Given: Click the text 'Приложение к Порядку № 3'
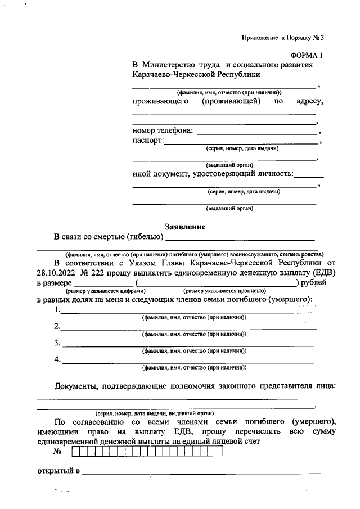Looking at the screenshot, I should pos(283,38).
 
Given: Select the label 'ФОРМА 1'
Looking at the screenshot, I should pos(307,56).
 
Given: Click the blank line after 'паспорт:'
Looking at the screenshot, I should pos(240,143).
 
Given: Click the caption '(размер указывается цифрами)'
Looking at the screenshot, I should pos(106,291).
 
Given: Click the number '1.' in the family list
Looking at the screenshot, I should pos(57,310).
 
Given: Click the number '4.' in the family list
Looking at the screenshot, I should pos(57,360).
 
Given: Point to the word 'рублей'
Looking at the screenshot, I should pos(314,282).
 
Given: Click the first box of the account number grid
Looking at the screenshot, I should pos(75,452).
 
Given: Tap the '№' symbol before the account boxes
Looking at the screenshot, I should pos(57,452).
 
